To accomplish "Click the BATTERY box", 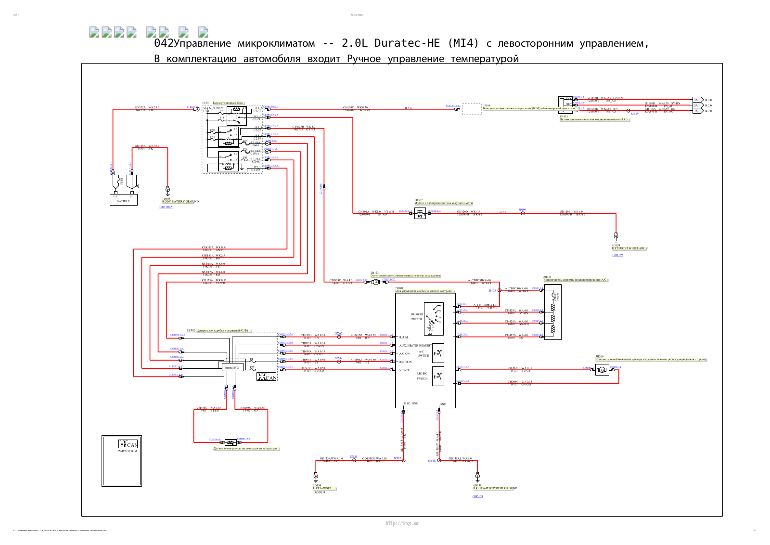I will click(x=123, y=200).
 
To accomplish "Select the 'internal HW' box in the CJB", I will click(x=231, y=368).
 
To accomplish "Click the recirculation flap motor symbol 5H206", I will click(x=602, y=370).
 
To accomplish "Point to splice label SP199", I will click(x=522, y=210).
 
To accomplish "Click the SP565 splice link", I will click(x=338, y=333).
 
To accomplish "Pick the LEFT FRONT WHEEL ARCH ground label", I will click(x=629, y=248).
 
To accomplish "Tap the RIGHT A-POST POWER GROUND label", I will click(x=495, y=488).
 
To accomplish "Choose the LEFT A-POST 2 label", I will click(x=322, y=488).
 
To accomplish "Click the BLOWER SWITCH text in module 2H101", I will click(x=417, y=316).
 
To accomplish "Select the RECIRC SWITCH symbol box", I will click(x=438, y=376).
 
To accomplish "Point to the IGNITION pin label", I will click(x=405, y=362).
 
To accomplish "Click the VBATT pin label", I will click(x=404, y=370).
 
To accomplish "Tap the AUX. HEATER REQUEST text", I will click(x=415, y=346).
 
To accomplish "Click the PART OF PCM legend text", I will click(x=128, y=451).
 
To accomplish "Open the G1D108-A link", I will click(x=166, y=207).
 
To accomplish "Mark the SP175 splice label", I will click(x=492, y=291).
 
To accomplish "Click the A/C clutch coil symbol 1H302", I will click(x=420, y=214).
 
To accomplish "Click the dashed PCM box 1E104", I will click(x=472, y=109).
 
